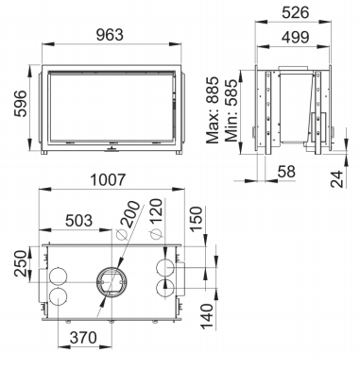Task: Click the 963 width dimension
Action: coord(110,35)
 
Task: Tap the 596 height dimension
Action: coord(22,104)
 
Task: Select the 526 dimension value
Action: coord(296,13)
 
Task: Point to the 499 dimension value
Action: coord(296,38)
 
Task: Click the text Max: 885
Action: coord(212,109)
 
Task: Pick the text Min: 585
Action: coord(231,110)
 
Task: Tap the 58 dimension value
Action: coord(286,172)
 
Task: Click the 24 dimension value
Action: coord(336,179)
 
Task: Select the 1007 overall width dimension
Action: coord(108,180)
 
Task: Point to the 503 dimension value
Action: coord(78,221)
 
